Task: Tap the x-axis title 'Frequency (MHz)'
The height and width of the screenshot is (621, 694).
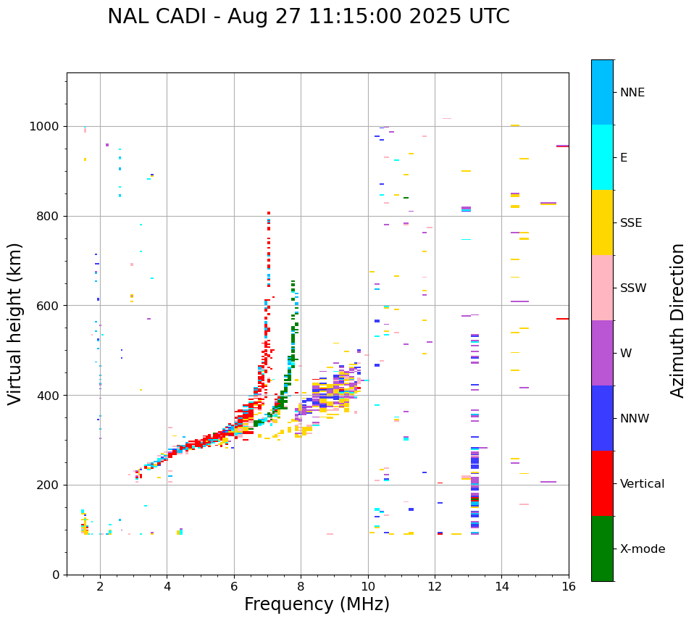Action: pyautogui.click(x=317, y=604)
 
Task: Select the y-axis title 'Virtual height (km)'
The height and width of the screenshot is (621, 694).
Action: pyautogui.click(x=15, y=324)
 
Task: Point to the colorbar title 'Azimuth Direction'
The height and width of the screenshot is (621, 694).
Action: pyautogui.click(x=677, y=320)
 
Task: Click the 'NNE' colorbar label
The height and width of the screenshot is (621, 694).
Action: pyautogui.click(x=632, y=93)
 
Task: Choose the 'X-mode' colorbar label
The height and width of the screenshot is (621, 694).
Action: pyautogui.click(x=642, y=549)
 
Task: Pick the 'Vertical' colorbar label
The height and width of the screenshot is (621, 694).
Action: pyautogui.click(x=642, y=484)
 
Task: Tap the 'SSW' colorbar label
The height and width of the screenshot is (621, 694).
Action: pyautogui.click(x=633, y=288)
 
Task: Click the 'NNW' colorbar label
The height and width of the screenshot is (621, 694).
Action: pyautogui.click(x=635, y=419)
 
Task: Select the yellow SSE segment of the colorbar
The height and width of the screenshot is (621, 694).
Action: pyautogui.click(x=602, y=222)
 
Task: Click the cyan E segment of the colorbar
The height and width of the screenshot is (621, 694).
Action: pyautogui.click(x=602, y=157)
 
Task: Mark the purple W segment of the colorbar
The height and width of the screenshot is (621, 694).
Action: pyautogui.click(x=602, y=353)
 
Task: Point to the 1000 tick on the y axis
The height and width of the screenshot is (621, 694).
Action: pyautogui.click(x=48, y=127)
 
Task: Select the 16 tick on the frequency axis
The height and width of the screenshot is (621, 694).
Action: pyautogui.click(x=569, y=586)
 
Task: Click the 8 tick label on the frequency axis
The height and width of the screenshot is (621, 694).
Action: pyautogui.click(x=301, y=586)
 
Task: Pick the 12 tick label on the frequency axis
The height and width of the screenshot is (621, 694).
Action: pyautogui.click(x=435, y=586)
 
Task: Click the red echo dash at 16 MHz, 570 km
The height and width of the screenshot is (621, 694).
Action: pyautogui.click(x=562, y=319)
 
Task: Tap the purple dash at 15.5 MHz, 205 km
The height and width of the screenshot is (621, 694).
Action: pyautogui.click(x=548, y=482)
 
